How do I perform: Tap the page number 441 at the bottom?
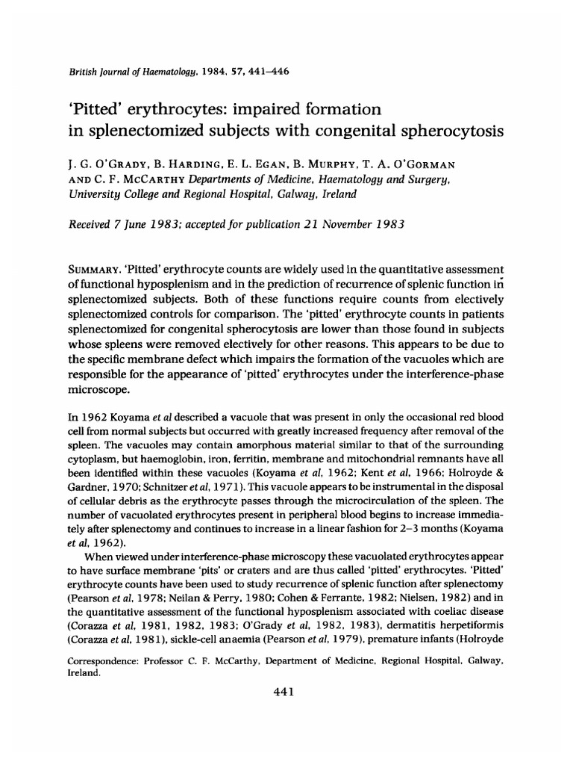287,692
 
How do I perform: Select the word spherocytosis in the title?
445,131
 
